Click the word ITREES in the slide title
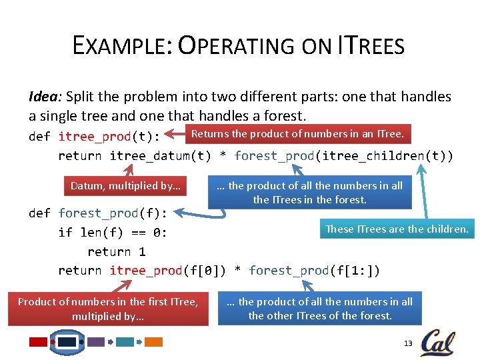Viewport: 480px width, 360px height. click(371, 46)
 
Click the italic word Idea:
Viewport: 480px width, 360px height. click(46, 97)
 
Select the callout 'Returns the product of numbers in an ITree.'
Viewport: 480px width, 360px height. click(297, 135)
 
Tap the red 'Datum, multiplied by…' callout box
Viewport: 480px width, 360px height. click(126, 185)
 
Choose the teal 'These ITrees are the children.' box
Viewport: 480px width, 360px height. click(397, 229)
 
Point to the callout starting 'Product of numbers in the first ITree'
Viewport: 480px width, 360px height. click(108, 309)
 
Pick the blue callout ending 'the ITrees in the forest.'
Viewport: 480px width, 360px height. click(309, 193)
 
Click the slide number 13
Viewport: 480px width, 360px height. click(408, 343)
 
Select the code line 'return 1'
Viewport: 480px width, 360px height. click(116, 252)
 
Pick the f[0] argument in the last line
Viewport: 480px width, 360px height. click(201, 271)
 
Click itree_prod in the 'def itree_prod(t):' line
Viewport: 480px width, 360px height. click(95, 137)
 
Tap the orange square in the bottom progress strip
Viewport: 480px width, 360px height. click(154, 342)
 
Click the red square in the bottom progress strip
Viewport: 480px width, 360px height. click(38, 342)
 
